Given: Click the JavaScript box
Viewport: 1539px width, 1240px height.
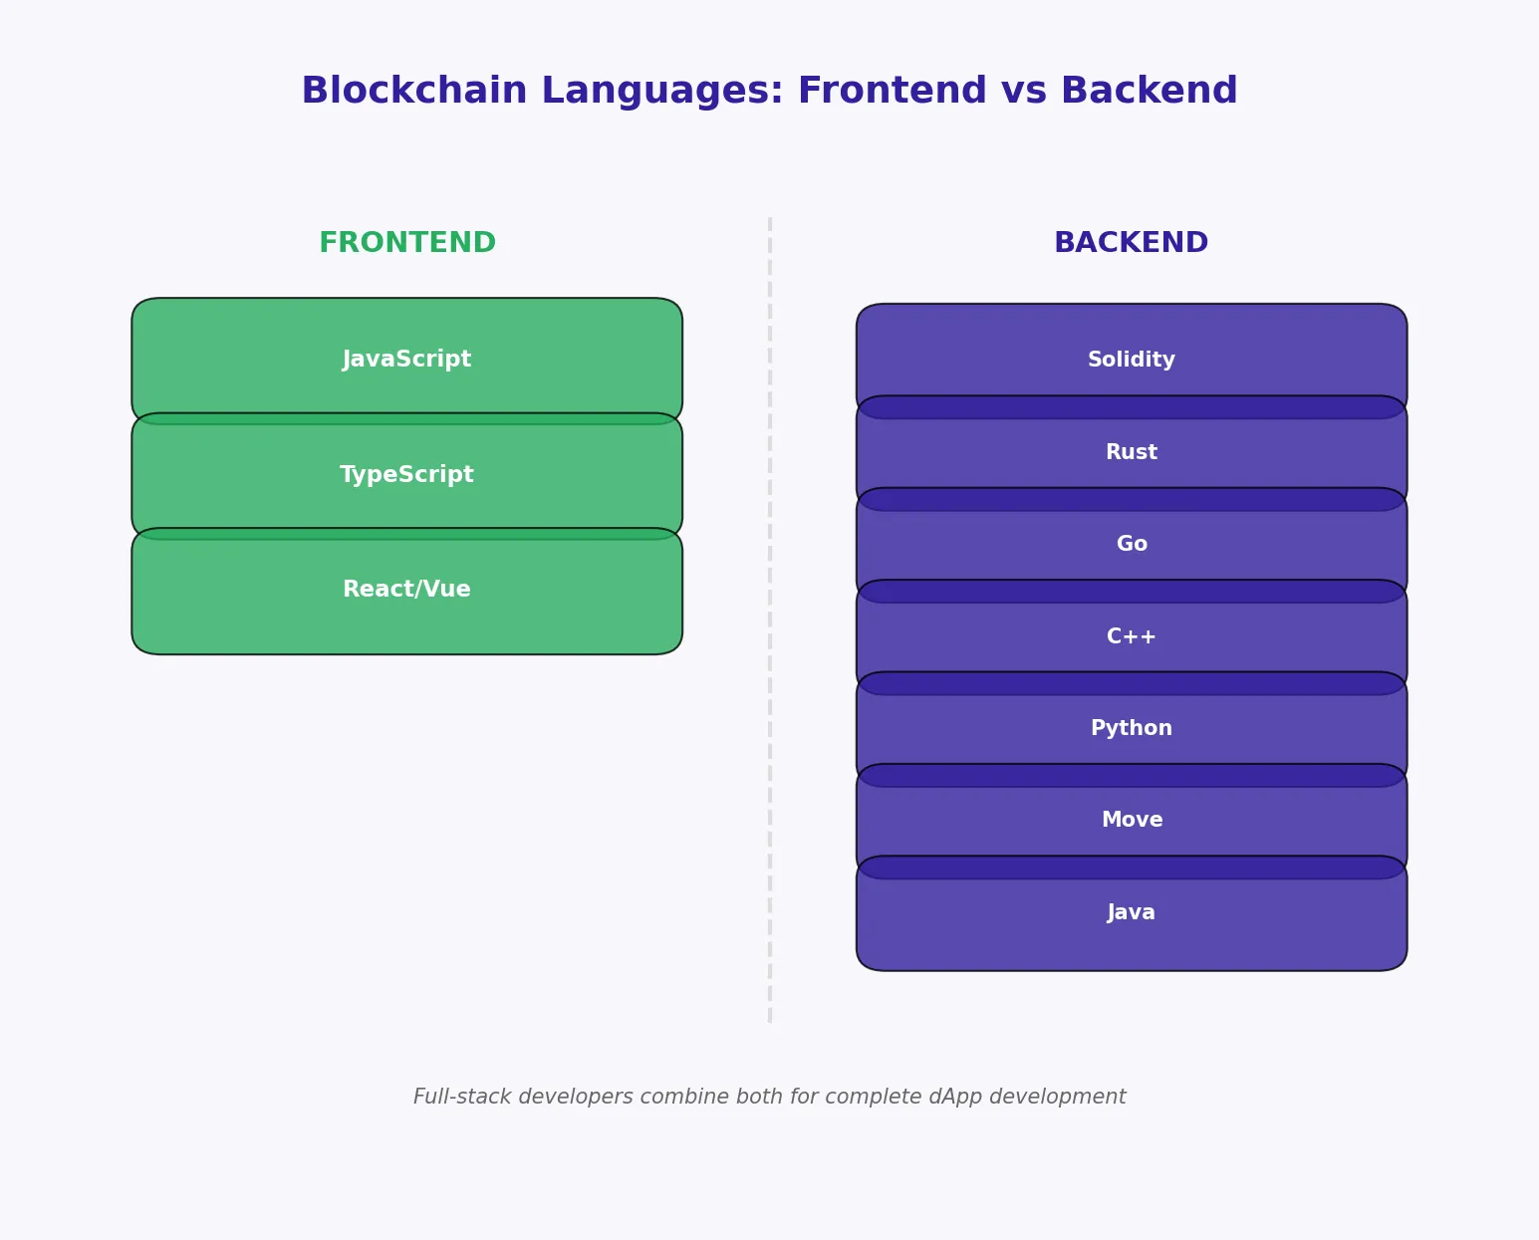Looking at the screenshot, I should pos(406,360).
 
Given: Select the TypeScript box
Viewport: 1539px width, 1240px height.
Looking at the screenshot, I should pos(406,475).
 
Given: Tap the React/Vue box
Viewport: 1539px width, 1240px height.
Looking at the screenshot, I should pos(406,590).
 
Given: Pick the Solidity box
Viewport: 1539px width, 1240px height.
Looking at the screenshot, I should pos(1132,360).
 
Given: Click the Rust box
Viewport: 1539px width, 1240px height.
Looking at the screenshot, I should pos(1132,452).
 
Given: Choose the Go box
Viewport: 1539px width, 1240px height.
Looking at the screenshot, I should pos(1132,544).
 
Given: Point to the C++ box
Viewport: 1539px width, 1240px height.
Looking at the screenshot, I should pos(1132,636).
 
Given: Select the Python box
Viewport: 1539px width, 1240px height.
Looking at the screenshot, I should pos(1132,728).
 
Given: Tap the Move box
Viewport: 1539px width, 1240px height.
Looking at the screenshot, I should pos(1132,820).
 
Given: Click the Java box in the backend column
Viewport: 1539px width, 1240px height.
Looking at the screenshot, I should pos(1132,912).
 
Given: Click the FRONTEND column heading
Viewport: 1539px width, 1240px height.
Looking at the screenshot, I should pos(406,243).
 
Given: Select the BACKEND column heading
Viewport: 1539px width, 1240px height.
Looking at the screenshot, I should pos(1131,243).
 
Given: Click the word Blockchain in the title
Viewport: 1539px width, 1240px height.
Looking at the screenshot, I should pos(413,92).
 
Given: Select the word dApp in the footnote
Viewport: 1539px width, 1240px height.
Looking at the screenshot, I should pos(954,1097).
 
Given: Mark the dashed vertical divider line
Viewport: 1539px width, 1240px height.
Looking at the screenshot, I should pos(770,618).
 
